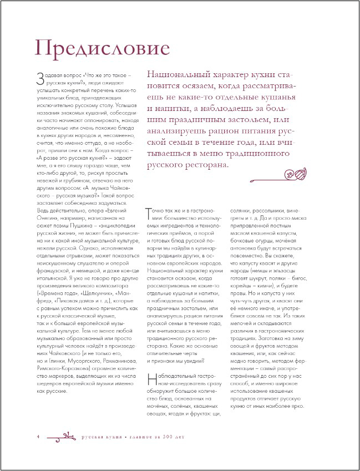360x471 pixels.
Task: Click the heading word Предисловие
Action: click(x=102, y=48)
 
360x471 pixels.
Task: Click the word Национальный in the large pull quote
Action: click(x=170, y=74)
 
